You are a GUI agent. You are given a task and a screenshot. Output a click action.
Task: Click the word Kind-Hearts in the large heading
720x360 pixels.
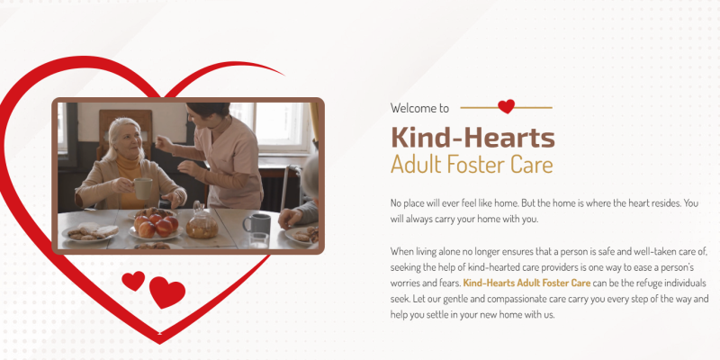[x=473, y=138]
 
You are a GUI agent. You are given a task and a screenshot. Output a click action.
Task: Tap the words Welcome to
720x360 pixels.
[x=419, y=108]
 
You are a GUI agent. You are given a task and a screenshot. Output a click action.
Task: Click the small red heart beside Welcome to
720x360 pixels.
[x=506, y=106]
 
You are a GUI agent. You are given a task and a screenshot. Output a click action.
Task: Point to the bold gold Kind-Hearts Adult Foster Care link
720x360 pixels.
[x=526, y=283]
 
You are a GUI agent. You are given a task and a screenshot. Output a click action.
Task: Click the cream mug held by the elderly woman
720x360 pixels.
[x=142, y=188]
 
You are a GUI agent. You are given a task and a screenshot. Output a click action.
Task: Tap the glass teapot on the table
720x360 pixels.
[x=202, y=221]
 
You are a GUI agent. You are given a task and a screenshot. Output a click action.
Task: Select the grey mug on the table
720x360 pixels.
[x=257, y=223]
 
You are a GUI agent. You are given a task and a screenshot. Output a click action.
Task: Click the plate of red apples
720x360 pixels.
[x=156, y=227]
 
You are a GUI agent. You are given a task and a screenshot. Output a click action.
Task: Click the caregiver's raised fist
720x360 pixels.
[x=163, y=143]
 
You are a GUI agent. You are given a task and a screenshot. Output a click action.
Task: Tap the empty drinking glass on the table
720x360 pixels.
[x=259, y=240]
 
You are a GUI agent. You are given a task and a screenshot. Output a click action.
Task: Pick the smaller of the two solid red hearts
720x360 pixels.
[x=133, y=280]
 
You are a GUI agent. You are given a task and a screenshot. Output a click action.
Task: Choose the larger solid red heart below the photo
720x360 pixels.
[x=167, y=292]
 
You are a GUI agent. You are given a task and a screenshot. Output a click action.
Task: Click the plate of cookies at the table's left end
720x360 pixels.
[x=91, y=232]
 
